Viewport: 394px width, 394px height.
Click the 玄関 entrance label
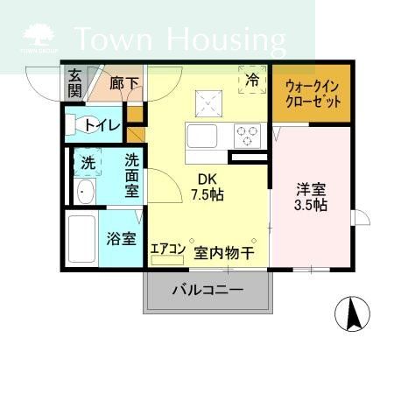pos(75,84)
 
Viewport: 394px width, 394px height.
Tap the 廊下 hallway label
pos(124,85)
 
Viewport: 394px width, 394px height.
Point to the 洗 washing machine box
pos(87,163)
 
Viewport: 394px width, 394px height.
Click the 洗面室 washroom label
pos(131,175)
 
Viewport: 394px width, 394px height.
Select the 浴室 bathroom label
pos(122,237)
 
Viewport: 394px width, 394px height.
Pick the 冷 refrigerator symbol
pos(253,79)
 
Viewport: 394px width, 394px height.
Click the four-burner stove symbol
pos(247,136)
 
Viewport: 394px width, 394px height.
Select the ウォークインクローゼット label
pos(312,94)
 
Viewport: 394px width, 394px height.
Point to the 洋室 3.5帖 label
pos(312,195)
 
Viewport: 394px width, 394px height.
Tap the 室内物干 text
pos(224,252)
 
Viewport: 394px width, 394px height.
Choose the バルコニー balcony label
pos(207,288)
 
